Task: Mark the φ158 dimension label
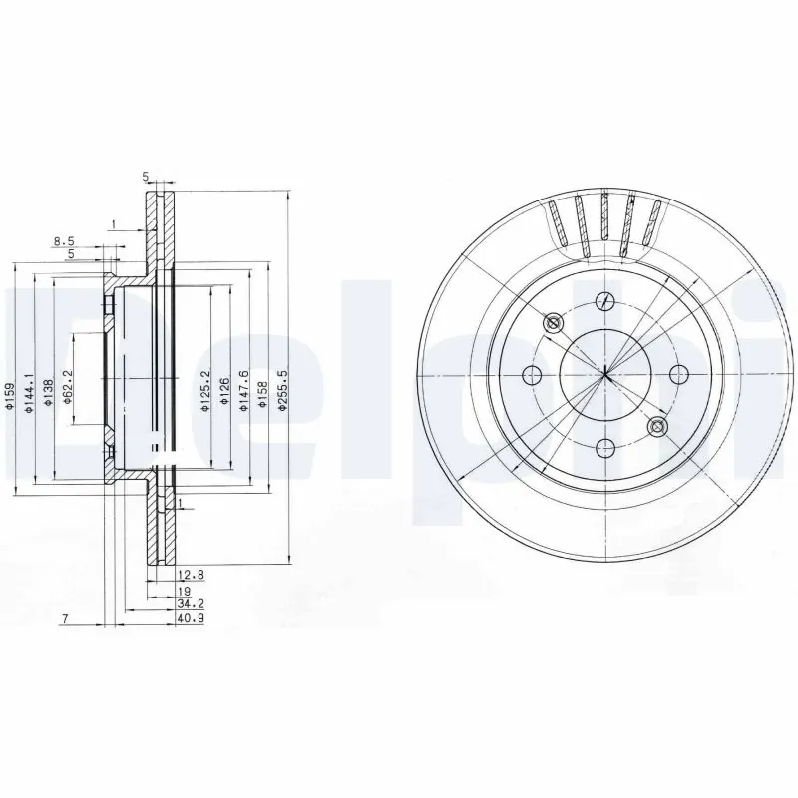(x=261, y=395)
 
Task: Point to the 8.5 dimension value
(x=64, y=241)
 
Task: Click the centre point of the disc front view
(x=605, y=374)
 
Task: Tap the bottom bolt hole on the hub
(x=604, y=448)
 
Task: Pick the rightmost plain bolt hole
(x=679, y=374)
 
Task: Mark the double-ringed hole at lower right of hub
(x=656, y=427)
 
